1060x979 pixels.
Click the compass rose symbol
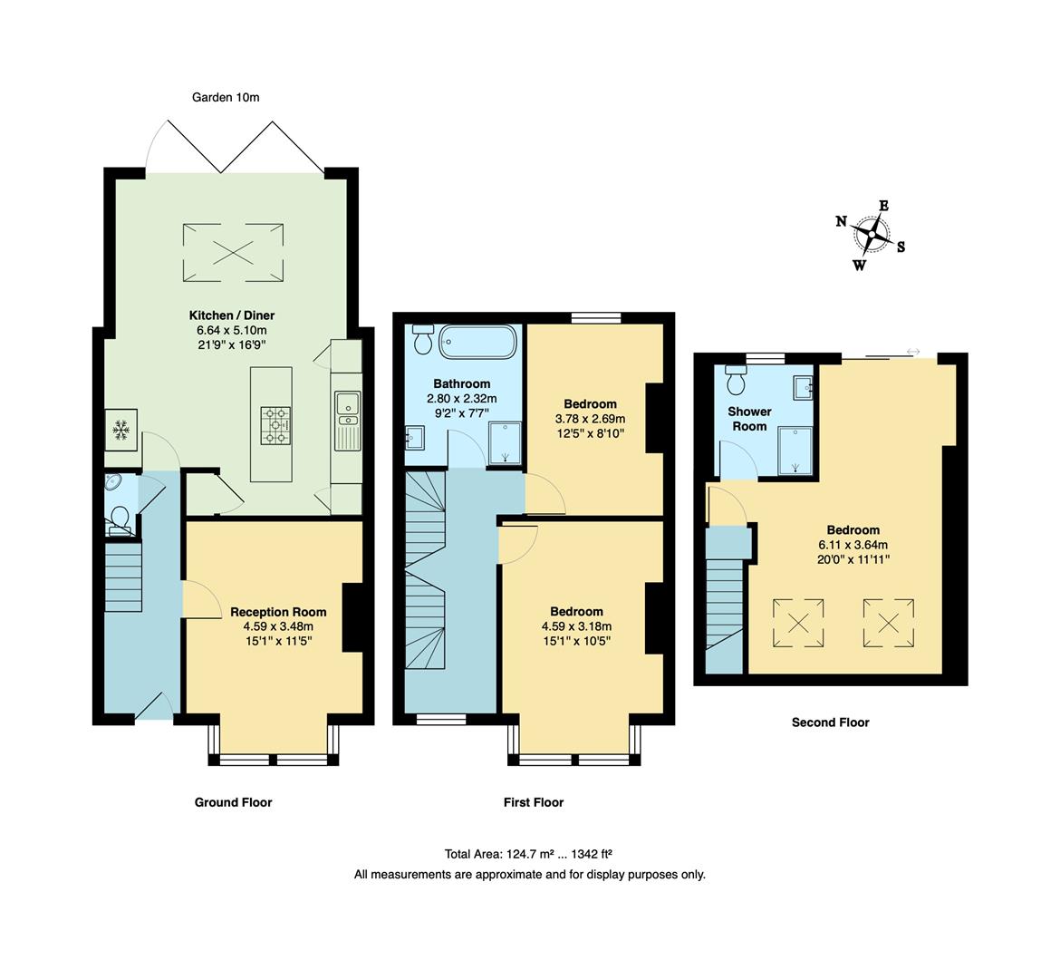tap(871, 235)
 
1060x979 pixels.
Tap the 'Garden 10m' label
tap(226, 97)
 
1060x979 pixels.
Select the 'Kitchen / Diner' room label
tap(231, 315)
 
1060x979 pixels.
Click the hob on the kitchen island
tap(276, 425)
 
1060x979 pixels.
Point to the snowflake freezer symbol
tap(120, 431)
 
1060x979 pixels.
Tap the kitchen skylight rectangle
tap(234, 252)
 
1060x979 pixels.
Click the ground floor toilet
tap(119, 519)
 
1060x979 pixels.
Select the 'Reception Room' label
tap(278, 612)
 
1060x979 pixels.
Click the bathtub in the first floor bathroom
tap(478, 343)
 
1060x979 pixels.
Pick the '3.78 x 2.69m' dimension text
tap(590, 419)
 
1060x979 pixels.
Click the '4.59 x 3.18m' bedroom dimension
tap(576, 626)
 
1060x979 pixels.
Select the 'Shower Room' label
tap(749, 419)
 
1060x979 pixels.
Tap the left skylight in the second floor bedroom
tap(797, 623)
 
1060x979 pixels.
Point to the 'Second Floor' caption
tap(830, 722)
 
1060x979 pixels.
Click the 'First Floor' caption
tap(534, 802)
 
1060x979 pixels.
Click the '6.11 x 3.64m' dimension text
tap(853, 545)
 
